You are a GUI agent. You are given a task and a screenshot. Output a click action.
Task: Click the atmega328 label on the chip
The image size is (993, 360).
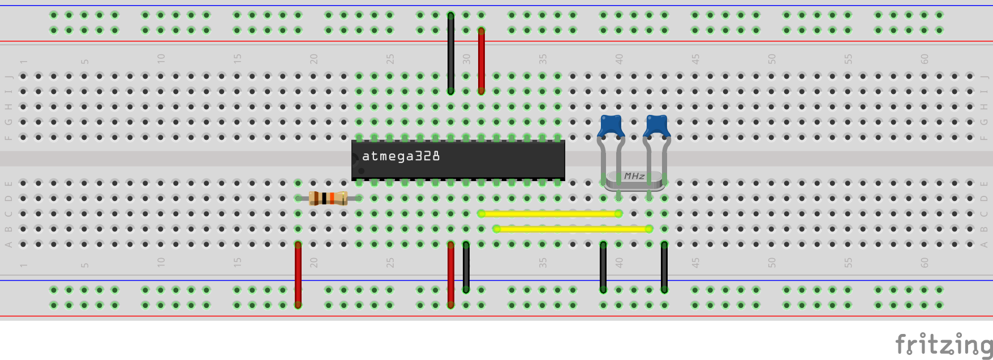(401, 156)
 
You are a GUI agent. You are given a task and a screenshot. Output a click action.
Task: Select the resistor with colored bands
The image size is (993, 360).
(328, 198)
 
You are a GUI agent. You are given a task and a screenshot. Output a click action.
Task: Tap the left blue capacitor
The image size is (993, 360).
(611, 125)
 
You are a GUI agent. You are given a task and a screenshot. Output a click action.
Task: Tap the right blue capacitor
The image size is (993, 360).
(656, 125)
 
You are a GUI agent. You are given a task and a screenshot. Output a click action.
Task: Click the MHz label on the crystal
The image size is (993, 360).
(634, 177)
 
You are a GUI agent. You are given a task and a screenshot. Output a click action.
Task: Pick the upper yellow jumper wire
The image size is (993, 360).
(549, 213)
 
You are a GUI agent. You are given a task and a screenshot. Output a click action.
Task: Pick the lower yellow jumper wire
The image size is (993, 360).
(571, 229)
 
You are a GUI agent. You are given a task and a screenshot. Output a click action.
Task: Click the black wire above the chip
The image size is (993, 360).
(450, 54)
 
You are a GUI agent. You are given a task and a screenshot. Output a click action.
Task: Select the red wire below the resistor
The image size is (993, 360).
(298, 275)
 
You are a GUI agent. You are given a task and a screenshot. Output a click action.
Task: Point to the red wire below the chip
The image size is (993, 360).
(450, 275)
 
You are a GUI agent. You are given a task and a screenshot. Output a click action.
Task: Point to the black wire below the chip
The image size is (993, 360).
(466, 267)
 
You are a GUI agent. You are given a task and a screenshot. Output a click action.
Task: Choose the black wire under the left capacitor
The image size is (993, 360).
(603, 267)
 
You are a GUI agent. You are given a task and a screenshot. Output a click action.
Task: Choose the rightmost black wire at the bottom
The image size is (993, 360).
(664, 267)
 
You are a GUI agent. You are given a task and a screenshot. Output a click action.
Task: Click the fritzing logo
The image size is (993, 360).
(943, 344)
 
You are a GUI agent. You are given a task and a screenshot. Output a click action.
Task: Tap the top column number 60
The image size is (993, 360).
(924, 59)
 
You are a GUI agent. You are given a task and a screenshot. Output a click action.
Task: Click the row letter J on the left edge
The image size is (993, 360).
(8, 76)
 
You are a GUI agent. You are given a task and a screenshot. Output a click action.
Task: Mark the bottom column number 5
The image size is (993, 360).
(84, 264)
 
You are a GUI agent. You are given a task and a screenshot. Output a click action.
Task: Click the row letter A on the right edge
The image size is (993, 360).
(984, 245)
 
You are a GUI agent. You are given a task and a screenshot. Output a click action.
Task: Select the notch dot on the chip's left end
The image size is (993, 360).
(361, 170)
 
